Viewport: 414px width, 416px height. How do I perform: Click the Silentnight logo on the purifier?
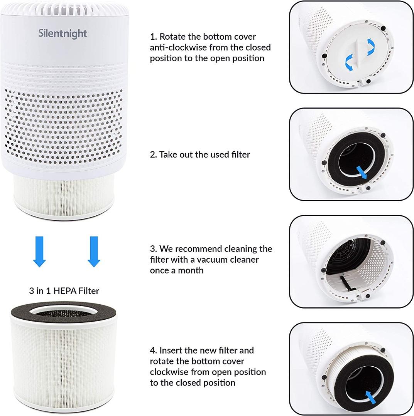[x=63, y=34]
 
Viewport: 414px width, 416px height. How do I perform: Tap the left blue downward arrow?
[x=39, y=252]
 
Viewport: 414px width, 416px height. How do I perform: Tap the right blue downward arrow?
[x=94, y=252]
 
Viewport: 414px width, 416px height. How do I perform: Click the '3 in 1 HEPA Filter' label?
[x=64, y=291]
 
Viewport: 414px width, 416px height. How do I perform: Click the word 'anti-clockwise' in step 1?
[x=177, y=47]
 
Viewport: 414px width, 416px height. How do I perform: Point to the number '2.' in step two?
[x=153, y=154]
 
